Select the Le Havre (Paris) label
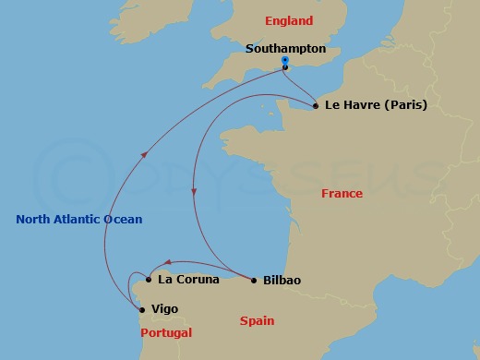(x=376, y=105)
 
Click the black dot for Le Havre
(x=316, y=105)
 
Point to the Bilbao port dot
(x=254, y=280)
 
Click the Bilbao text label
(x=282, y=280)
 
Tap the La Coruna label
(x=188, y=278)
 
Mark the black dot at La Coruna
(x=149, y=278)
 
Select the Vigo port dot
(x=141, y=309)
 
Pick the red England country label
(x=289, y=21)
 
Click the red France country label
(x=342, y=194)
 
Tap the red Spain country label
(x=258, y=321)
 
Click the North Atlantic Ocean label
(x=79, y=219)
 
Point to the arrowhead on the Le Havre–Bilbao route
(x=194, y=190)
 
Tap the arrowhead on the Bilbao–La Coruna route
(x=168, y=263)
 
